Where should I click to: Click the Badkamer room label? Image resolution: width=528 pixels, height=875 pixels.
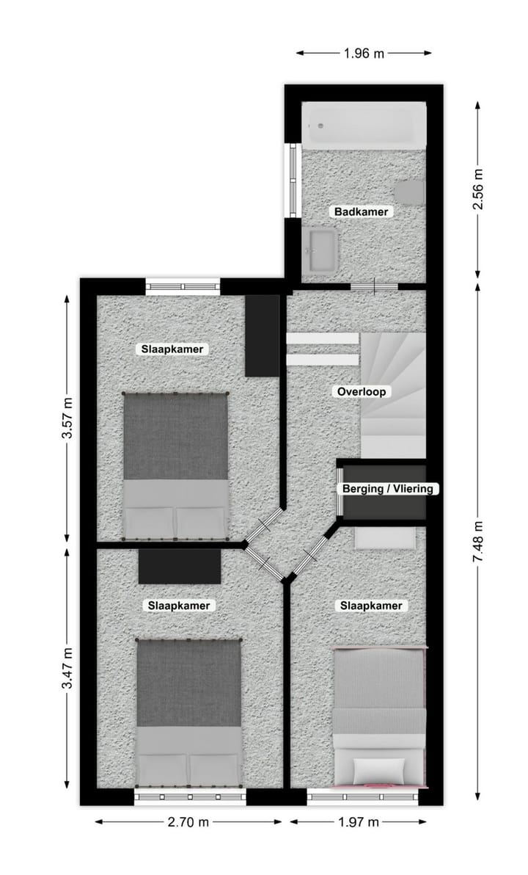point(362,212)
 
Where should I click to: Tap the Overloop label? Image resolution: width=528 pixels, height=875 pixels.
point(362,392)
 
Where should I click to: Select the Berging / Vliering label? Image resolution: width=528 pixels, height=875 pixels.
point(388,489)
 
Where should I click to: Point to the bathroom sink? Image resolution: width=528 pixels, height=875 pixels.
point(320,249)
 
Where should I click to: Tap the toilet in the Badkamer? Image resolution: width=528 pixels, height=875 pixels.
point(410,192)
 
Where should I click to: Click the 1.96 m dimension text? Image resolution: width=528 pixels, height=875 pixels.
point(363,53)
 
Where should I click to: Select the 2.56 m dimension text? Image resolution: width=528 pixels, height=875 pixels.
point(478,189)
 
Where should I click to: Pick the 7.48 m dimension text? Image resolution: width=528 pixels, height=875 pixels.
point(478,544)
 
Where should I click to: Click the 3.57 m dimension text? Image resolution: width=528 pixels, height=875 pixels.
point(67,418)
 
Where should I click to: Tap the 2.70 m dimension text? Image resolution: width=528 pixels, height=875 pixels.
point(188,822)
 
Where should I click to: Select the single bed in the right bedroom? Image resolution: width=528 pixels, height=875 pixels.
point(379,716)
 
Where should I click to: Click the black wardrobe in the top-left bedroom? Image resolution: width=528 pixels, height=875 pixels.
point(262,335)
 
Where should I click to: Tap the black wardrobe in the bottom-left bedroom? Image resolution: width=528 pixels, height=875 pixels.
point(180,567)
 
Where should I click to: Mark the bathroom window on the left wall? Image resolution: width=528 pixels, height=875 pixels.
point(293,181)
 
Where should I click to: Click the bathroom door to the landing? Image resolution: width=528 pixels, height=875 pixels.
point(374,286)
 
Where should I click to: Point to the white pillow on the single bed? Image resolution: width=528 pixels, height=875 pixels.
point(379,771)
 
